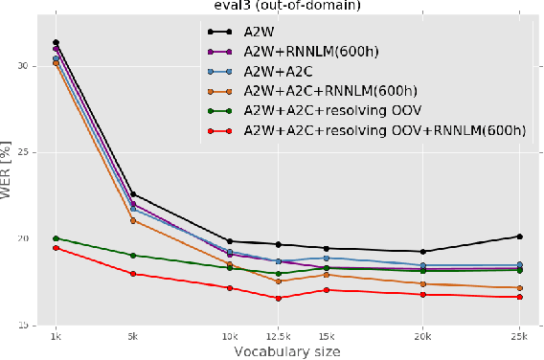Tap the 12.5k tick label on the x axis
(278, 337)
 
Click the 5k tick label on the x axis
(133, 337)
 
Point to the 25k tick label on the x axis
(519, 337)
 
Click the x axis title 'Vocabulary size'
(287, 351)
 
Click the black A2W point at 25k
(519, 236)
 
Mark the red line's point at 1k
(56, 248)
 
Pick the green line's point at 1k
(56, 238)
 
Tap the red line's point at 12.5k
(278, 298)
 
